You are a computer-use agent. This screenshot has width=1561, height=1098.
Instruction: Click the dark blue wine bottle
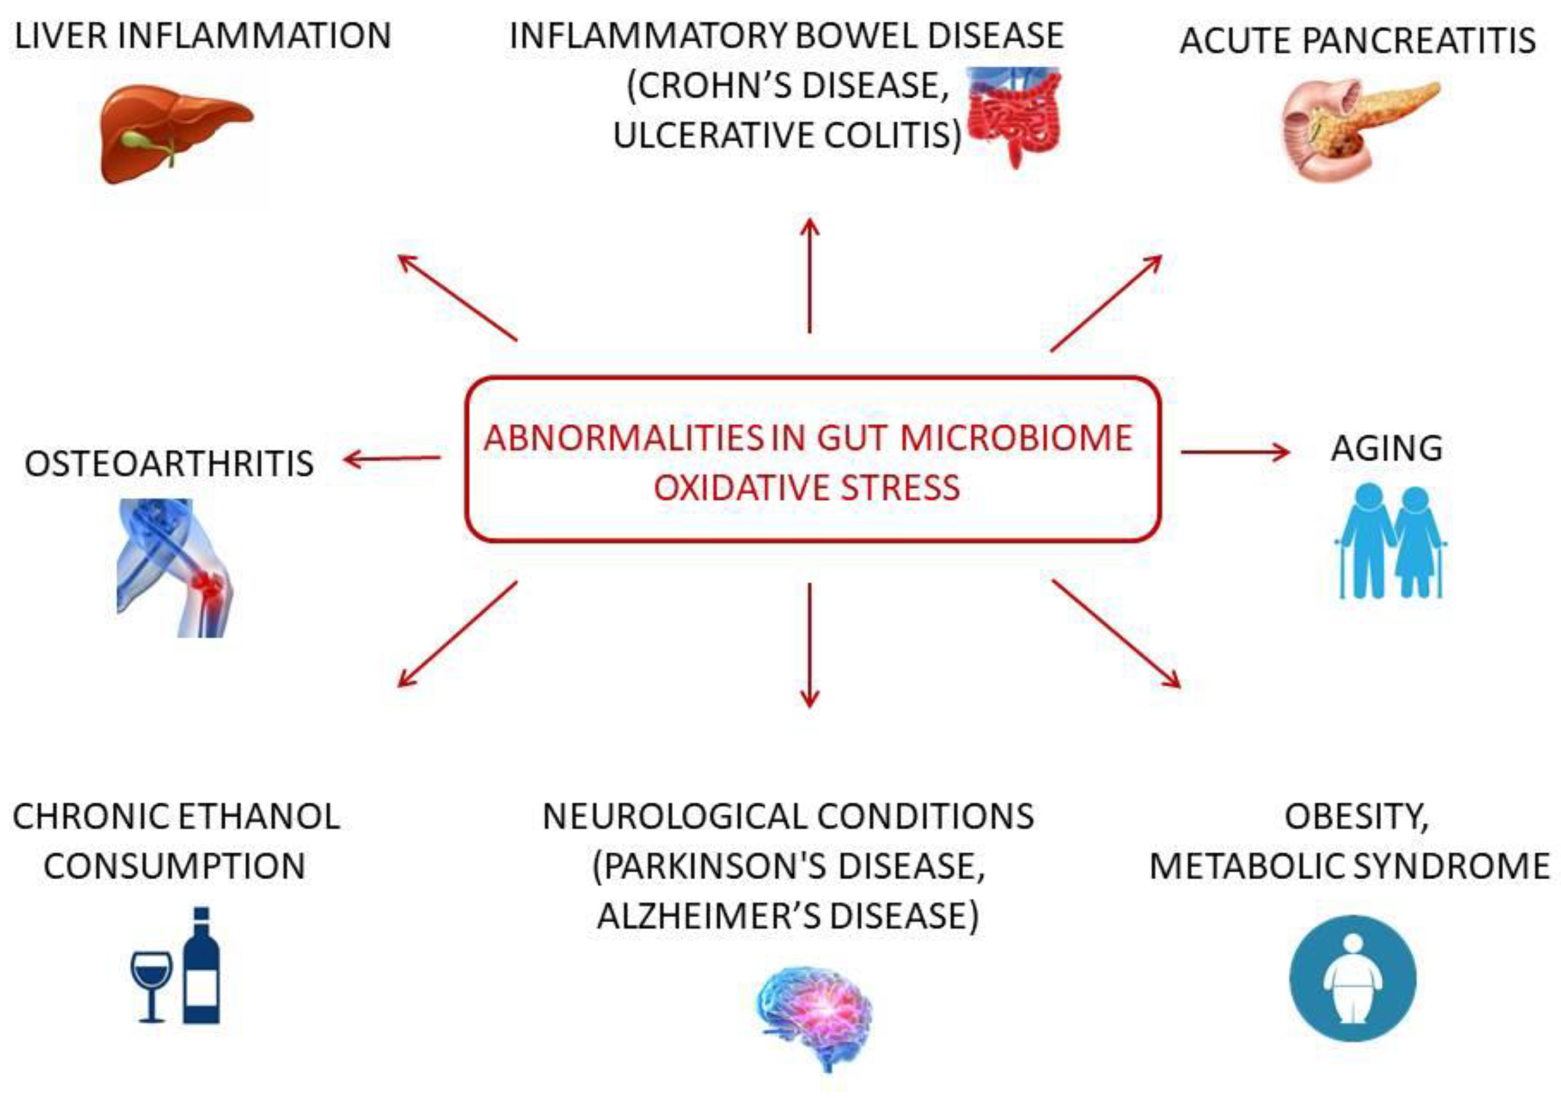coord(202,966)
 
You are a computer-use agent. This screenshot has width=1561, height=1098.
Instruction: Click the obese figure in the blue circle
coord(1353,980)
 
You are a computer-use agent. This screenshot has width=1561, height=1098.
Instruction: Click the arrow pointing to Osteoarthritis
coord(393,459)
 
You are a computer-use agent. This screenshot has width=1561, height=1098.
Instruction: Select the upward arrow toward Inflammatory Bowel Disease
coord(809,275)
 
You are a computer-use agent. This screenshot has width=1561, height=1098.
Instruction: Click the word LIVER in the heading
coord(60,36)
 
